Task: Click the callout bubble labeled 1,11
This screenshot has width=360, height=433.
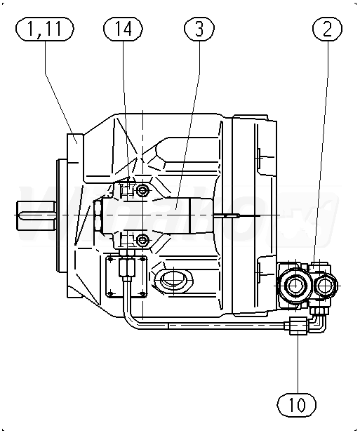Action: pos(45,29)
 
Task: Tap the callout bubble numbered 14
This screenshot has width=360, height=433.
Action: pos(123,29)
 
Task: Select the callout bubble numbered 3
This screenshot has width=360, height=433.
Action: pos(199,29)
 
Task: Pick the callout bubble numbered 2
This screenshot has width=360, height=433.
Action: pos(327,29)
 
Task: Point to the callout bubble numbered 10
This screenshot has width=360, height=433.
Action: pos(297,405)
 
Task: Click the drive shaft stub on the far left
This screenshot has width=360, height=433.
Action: pos(36,215)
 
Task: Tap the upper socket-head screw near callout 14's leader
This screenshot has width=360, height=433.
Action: pos(143,190)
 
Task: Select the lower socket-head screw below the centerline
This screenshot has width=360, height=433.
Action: pos(142,240)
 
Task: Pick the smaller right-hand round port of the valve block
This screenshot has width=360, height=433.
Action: pos(325,285)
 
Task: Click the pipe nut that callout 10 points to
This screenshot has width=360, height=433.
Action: pos(298,326)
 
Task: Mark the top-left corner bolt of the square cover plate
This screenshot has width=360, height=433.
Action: pos(111,260)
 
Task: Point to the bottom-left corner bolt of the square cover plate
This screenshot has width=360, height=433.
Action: pos(111,293)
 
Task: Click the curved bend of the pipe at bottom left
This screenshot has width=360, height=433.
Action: pos(128,320)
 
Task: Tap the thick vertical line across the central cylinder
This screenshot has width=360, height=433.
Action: pos(190,215)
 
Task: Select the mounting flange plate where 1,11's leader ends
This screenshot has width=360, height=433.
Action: pos(75,215)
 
